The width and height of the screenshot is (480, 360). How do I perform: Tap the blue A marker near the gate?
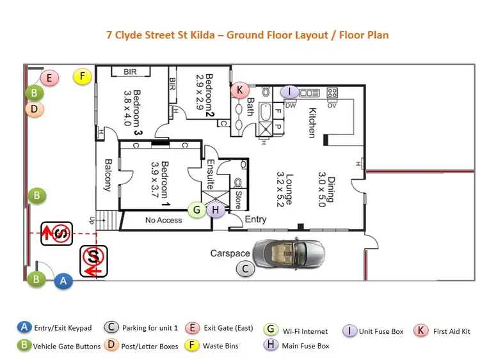pos(63,279)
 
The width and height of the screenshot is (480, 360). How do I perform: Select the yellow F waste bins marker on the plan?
pos(82,77)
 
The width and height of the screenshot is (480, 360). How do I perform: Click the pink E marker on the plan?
pos(49,79)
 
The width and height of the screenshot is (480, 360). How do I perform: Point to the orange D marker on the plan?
pos(35,109)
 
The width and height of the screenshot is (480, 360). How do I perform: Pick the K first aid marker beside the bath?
pos(240,90)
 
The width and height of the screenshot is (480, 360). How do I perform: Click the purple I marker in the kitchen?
pos(289,92)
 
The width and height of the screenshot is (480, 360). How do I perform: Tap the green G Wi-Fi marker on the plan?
pos(197,209)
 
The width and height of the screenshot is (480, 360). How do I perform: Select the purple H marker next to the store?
pos(216,210)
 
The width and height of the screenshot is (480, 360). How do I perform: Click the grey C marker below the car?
pos(245,269)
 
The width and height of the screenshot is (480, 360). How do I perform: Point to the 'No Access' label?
pos(163,221)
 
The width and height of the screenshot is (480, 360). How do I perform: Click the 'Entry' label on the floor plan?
pos(256,220)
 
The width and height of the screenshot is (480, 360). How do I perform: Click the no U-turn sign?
pos(56,231)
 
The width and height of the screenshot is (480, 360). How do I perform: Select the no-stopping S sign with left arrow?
pos(93,262)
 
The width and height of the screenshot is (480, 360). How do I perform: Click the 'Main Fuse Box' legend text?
pos(305,346)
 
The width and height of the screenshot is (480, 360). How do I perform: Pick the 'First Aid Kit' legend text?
pos(452,331)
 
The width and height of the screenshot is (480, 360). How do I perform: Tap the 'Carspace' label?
pos(230,254)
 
